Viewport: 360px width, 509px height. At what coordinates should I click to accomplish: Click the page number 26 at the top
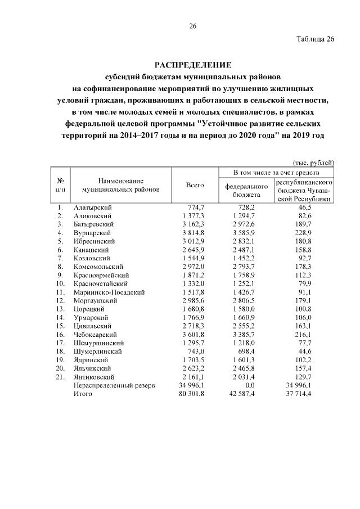point(192,26)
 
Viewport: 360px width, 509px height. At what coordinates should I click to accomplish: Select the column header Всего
point(195,186)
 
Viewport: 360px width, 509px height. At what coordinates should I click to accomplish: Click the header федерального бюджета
point(245,190)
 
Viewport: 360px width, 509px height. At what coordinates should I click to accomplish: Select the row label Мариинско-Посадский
point(109,292)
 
